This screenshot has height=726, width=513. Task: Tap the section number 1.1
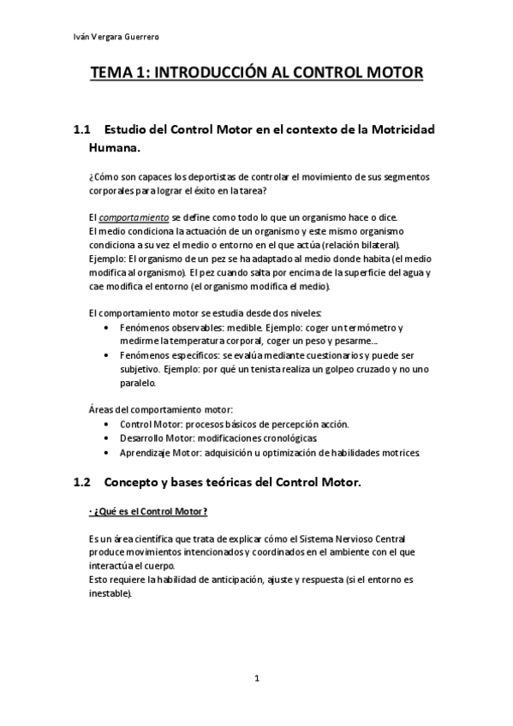click(81, 130)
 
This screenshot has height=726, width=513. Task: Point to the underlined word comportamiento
click(134, 218)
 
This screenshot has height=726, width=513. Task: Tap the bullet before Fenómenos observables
click(105, 329)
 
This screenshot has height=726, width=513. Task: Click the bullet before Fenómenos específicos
click(105, 354)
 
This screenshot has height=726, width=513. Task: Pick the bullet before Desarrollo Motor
click(105, 437)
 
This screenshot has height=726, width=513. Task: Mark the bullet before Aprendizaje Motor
click(105, 451)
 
